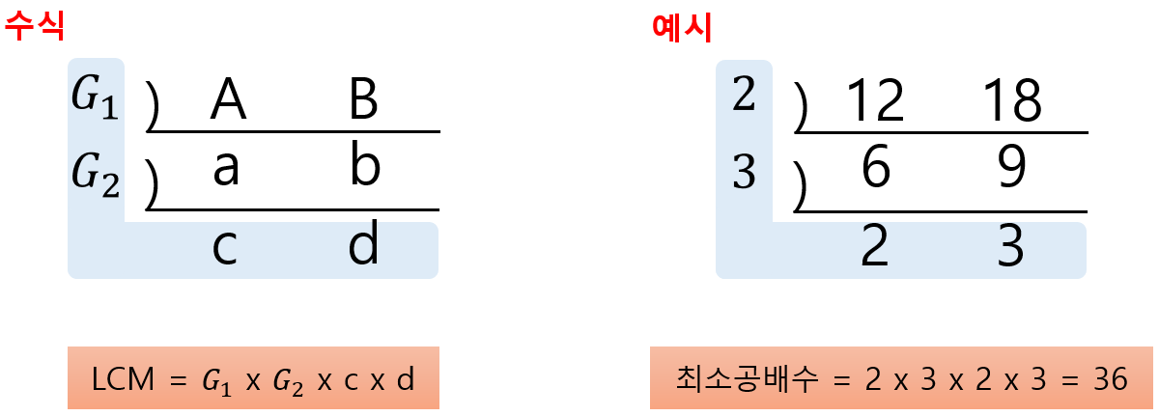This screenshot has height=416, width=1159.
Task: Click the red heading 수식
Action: tap(35, 26)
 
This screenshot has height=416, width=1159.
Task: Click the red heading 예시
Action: tap(683, 26)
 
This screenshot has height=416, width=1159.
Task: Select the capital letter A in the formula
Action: tap(228, 99)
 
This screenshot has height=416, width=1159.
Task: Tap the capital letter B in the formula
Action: tap(363, 99)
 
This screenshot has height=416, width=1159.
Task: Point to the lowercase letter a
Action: tap(225, 168)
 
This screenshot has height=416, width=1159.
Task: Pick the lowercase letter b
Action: tap(365, 166)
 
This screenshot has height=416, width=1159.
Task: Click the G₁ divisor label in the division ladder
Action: tap(96, 97)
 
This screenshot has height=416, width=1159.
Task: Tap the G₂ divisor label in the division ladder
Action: tap(96, 174)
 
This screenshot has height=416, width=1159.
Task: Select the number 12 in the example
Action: tap(875, 99)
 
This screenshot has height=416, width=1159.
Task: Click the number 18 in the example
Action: tap(1011, 99)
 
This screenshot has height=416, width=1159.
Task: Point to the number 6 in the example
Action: tap(874, 170)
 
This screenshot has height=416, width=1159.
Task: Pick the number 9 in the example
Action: tap(1010, 170)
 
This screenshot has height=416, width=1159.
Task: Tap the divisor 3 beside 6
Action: tap(743, 174)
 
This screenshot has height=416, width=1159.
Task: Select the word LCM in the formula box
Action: tap(120, 380)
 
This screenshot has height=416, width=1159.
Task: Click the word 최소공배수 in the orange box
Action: tap(738, 380)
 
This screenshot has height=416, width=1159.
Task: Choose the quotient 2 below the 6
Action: tap(874, 249)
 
